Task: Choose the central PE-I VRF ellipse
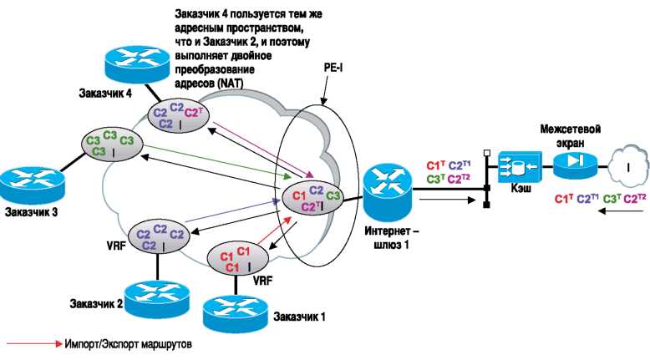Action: click(x=311, y=199)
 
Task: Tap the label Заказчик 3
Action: click(x=32, y=211)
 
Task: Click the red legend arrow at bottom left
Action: click(x=31, y=342)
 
